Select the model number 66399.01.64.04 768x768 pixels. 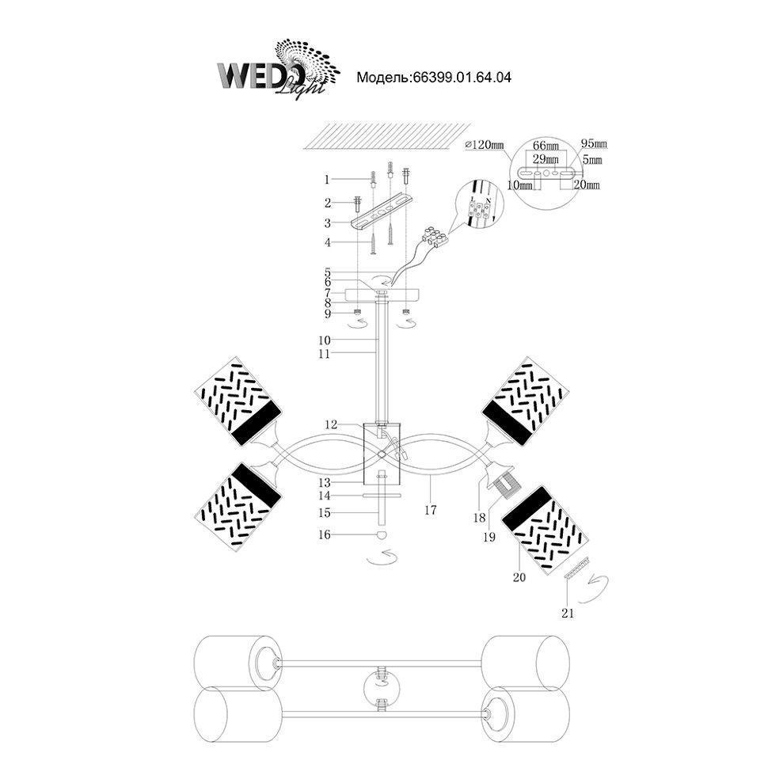tap(434, 78)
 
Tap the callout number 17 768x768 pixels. tap(430, 510)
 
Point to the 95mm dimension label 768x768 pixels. tap(594, 144)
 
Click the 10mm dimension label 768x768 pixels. tap(523, 184)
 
